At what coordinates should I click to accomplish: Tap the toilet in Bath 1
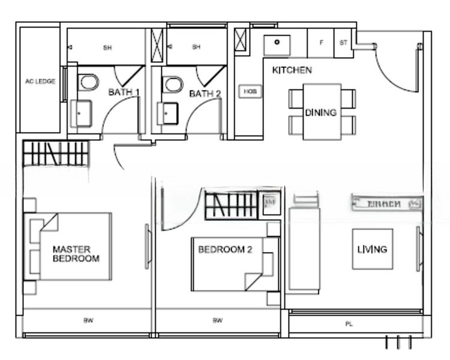click(88, 83)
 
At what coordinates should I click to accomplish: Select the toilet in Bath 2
click(173, 83)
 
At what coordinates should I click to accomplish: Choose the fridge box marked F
click(321, 43)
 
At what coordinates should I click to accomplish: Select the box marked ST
click(343, 43)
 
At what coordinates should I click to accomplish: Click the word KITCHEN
click(292, 70)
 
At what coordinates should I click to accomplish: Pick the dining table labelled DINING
click(322, 112)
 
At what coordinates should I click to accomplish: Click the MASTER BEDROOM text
click(76, 254)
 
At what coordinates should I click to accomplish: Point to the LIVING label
click(372, 249)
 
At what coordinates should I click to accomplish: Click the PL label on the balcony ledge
click(349, 325)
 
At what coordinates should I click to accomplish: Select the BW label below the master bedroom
click(88, 321)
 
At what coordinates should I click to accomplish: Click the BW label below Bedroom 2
click(217, 321)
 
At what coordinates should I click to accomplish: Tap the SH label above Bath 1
click(107, 47)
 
